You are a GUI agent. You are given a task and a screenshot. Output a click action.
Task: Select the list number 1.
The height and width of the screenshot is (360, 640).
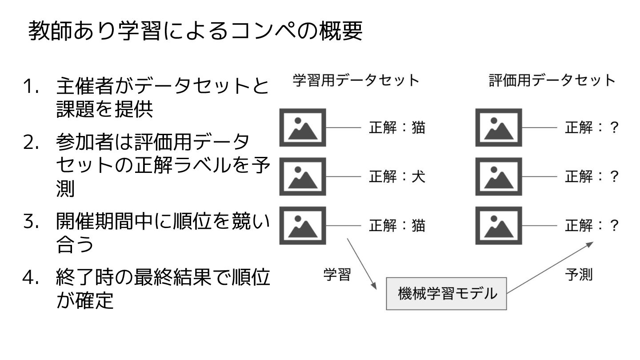pyautogui.click(x=32, y=86)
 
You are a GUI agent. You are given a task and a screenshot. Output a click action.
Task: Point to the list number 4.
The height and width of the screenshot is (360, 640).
pyautogui.click(x=32, y=278)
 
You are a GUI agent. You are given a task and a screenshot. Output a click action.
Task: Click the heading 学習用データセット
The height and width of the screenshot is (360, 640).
pyautogui.click(x=356, y=80)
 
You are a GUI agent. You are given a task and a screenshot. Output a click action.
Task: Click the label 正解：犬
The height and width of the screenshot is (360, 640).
pyautogui.click(x=397, y=176)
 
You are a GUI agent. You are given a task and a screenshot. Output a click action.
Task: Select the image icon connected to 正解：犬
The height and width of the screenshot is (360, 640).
pyautogui.click(x=302, y=176)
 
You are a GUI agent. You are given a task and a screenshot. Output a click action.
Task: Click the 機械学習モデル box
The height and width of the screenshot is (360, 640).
pyautogui.click(x=446, y=293)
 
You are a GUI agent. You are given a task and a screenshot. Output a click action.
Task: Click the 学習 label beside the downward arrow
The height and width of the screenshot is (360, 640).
pyautogui.click(x=337, y=275)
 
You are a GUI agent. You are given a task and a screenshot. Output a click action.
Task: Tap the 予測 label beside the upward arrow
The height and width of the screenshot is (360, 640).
pyautogui.click(x=579, y=275)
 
